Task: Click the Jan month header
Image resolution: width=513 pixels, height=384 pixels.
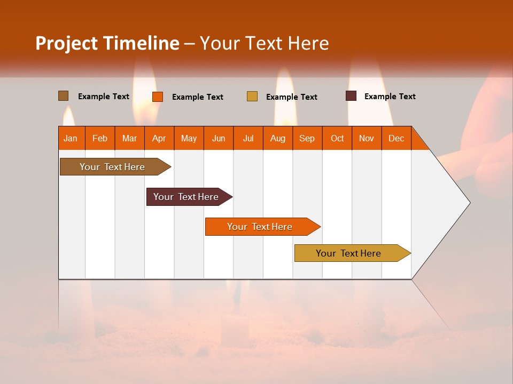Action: [71, 138]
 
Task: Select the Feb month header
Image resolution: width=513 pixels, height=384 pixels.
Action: [100, 138]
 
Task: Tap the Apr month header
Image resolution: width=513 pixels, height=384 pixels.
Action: [159, 138]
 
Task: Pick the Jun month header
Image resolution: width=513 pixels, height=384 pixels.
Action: [219, 138]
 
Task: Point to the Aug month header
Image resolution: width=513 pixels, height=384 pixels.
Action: [278, 138]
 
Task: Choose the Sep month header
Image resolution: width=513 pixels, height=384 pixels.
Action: [307, 138]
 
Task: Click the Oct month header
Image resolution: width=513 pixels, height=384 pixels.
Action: [337, 138]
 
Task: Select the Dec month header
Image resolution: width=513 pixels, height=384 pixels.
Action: [397, 138]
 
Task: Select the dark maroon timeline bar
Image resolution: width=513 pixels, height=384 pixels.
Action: [186, 197]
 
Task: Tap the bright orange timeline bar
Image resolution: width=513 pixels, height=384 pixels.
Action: [260, 227]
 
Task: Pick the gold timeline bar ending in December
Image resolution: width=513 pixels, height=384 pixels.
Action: [348, 253]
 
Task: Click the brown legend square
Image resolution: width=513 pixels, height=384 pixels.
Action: [64, 96]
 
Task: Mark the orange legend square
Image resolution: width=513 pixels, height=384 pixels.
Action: [158, 97]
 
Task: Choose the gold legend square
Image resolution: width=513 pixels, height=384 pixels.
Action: [252, 97]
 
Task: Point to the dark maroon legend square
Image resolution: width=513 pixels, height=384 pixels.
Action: [351, 96]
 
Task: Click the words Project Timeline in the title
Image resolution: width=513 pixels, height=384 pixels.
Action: [107, 43]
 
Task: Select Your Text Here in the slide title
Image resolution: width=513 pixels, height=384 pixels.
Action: [265, 43]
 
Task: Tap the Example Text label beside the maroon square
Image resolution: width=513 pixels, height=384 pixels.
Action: [390, 97]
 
